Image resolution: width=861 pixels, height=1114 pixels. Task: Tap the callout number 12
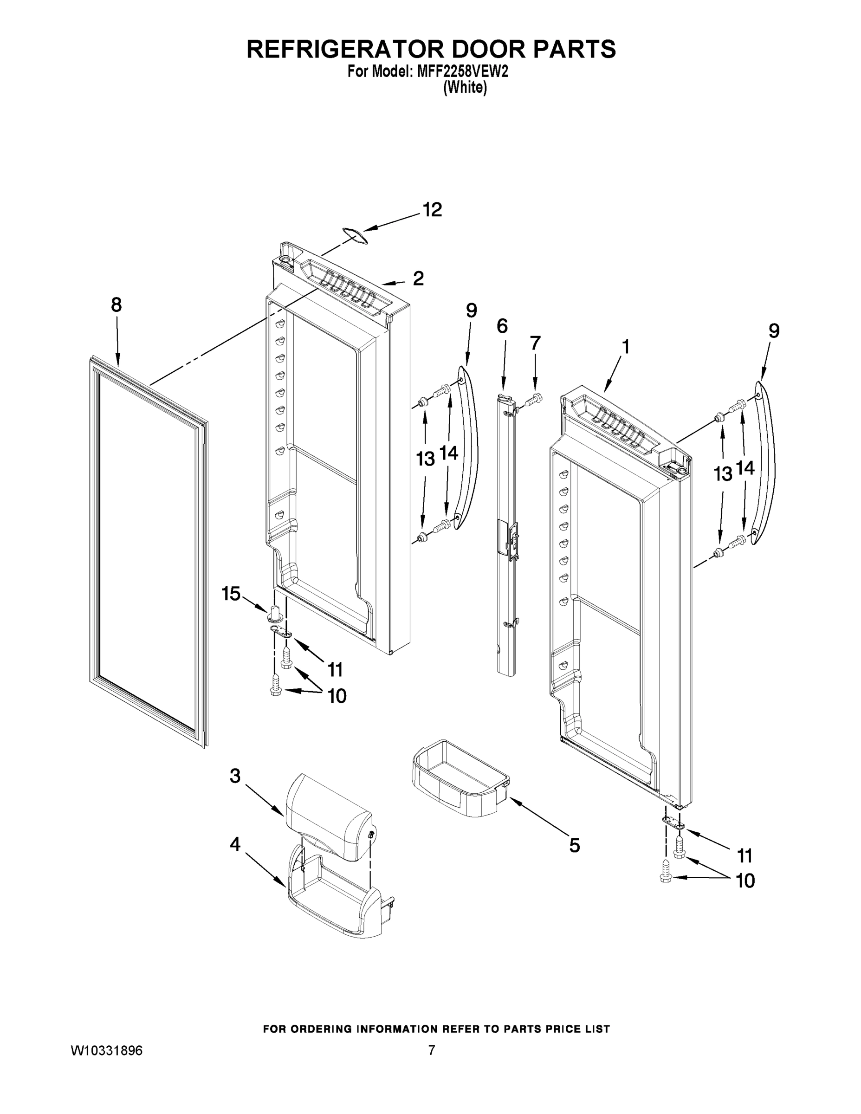(x=432, y=210)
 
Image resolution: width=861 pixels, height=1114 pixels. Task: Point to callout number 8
(x=117, y=305)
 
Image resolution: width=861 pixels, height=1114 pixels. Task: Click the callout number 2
(x=418, y=278)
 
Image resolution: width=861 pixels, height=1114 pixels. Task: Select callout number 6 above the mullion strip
(x=502, y=325)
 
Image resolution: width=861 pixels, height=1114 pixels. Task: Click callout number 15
(x=231, y=593)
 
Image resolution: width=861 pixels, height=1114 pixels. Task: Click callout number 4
(x=235, y=844)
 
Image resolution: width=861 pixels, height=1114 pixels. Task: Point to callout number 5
(x=574, y=846)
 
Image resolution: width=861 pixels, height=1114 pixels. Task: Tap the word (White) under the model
(x=465, y=88)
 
